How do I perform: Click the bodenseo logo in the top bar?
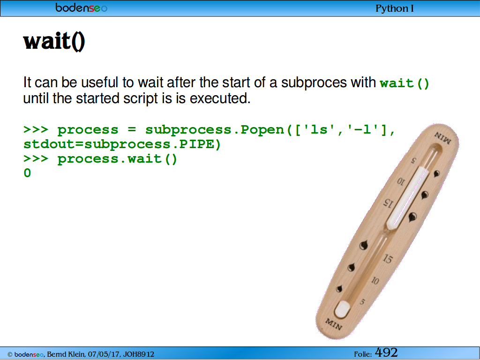tap(81, 8)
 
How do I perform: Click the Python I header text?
tap(394, 8)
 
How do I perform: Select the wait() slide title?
tap(54, 41)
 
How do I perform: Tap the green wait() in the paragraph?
tap(405, 83)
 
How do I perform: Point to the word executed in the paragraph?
tap(220, 98)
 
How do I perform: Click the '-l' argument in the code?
tap(363, 129)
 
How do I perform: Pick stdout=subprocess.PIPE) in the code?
tap(122, 144)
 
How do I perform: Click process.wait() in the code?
tap(117, 159)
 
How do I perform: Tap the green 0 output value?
tap(27, 173)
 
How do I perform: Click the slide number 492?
tap(386, 352)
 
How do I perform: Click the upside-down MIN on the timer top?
tap(442, 137)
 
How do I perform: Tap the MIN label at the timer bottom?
tap(333, 324)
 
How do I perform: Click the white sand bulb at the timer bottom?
tap(342, 309)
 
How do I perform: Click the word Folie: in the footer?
tap(363, 354)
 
